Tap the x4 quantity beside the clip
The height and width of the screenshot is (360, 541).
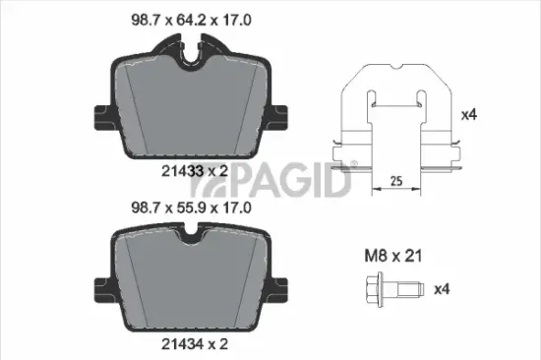470,115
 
